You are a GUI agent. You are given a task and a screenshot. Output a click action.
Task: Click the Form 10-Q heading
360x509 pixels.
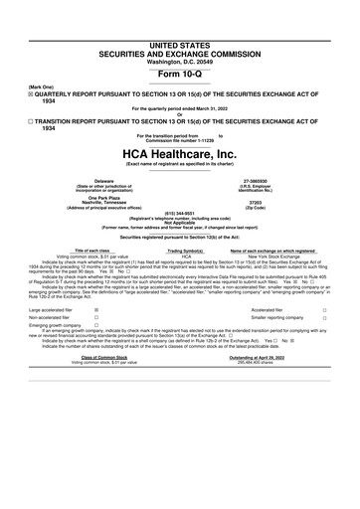coord(180,48)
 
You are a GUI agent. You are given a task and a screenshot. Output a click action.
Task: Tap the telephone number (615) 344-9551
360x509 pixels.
coord(180,225)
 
